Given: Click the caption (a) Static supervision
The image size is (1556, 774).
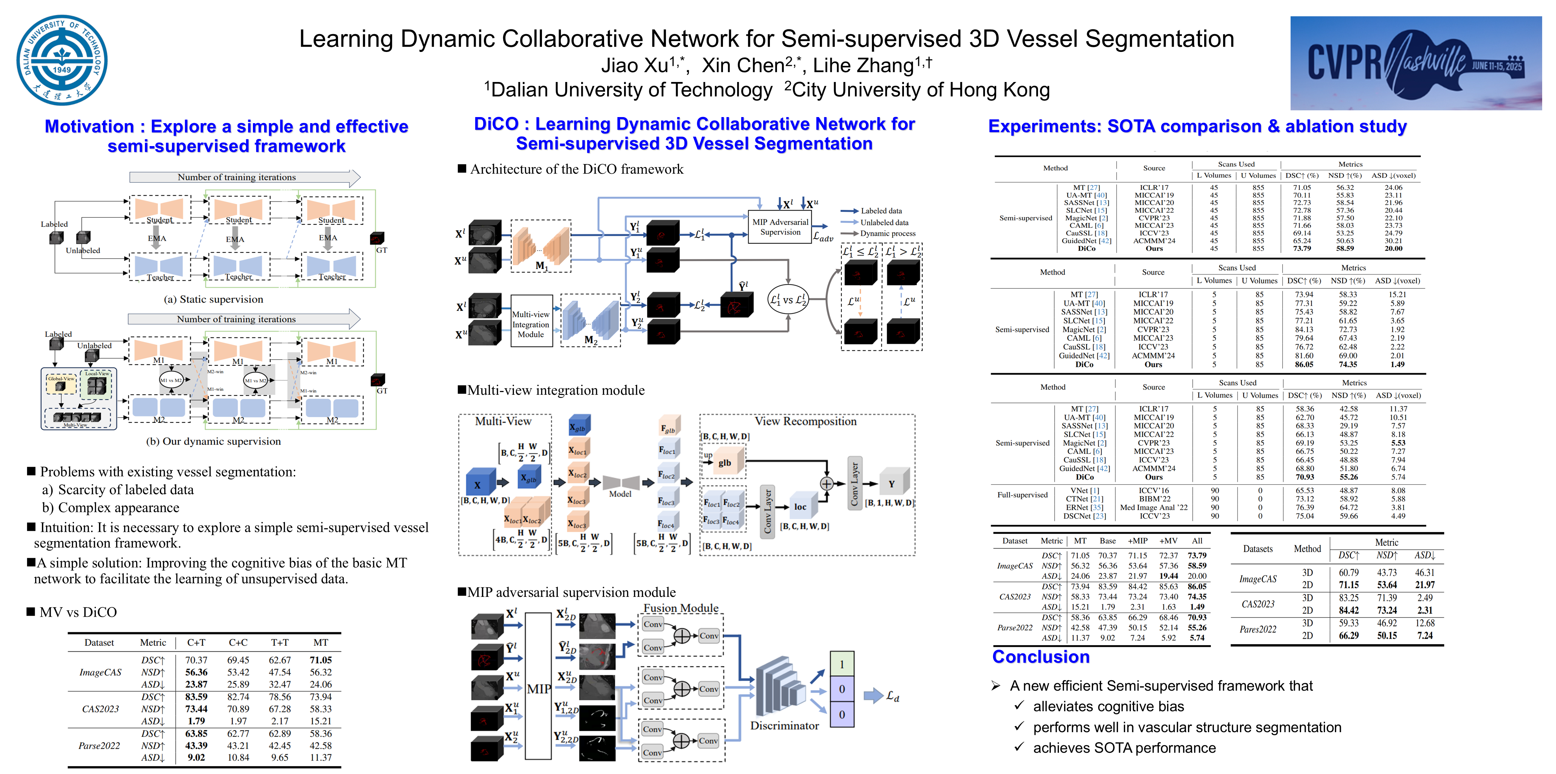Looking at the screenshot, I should pyautogui.click(x=213, y=300).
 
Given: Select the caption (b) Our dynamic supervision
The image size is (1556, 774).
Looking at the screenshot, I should pyautogui.click(x=213, y=441).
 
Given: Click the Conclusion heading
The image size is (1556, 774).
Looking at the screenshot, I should pyautogui.click(x=1041, y=657).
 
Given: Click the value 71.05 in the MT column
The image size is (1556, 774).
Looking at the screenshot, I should pyautogui.click(x=321, y=660).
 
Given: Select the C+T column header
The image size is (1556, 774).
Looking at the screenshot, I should pyautogui.click(x=196, y=642).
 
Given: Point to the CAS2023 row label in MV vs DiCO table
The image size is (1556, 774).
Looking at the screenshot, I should pyautogui.click(x=100, y=709).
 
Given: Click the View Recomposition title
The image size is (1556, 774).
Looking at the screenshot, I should pyautogui.click(x=805, y=421).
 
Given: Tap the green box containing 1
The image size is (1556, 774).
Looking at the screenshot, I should pyautogui.click(x=841, y=664).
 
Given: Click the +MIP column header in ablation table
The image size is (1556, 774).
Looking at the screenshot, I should pyautogui.click(x=1137, y=541).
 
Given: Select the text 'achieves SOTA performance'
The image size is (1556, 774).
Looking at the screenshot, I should pyautogui.click(x=1124, y=748).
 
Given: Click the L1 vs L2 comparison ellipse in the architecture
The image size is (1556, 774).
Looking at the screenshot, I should pyautogui.click(x=788, y=300).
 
